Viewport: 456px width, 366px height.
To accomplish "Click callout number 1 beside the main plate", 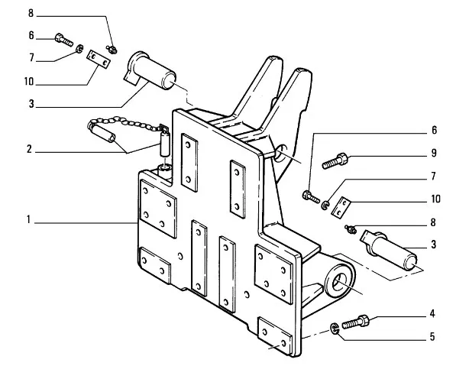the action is [28, 219].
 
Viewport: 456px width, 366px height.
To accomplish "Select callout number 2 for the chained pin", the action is [29, 149].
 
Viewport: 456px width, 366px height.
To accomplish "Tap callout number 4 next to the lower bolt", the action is [432, 313].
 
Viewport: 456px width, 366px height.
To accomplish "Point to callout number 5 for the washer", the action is [432, 337].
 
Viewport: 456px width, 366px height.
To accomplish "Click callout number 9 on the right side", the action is [434, 153].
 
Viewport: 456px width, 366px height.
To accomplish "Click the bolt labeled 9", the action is [335, 161].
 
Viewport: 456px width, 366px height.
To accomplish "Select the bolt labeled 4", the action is [355, 322].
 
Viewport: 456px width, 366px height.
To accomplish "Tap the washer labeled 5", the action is [335, 329].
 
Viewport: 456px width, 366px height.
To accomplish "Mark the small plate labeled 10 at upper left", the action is [99, 59].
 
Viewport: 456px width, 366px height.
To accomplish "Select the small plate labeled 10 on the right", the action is [341, 207].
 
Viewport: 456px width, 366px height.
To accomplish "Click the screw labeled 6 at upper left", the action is [63, 40].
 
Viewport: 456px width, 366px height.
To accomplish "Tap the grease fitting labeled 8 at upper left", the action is [112, 50].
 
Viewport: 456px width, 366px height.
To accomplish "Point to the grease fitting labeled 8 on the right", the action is [351, 229].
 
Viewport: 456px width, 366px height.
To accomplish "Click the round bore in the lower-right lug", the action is [338, 281].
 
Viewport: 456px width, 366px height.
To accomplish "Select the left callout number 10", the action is [29, 82].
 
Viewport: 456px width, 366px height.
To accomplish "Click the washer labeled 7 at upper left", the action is [79, 49].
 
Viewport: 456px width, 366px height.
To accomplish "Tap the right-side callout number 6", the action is [434, 130].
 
